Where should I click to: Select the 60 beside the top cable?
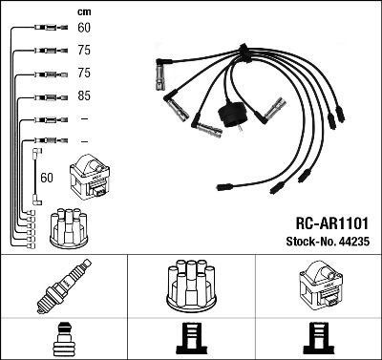pos(83,29)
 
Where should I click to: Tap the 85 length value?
pos(83,96)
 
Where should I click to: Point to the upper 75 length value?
pos(83,52)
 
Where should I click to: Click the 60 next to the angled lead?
pos(49,177)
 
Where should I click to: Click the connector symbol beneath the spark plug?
pos(62,338)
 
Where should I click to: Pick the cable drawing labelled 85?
pos(46,96)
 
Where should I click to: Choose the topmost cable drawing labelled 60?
pos(46,29)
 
